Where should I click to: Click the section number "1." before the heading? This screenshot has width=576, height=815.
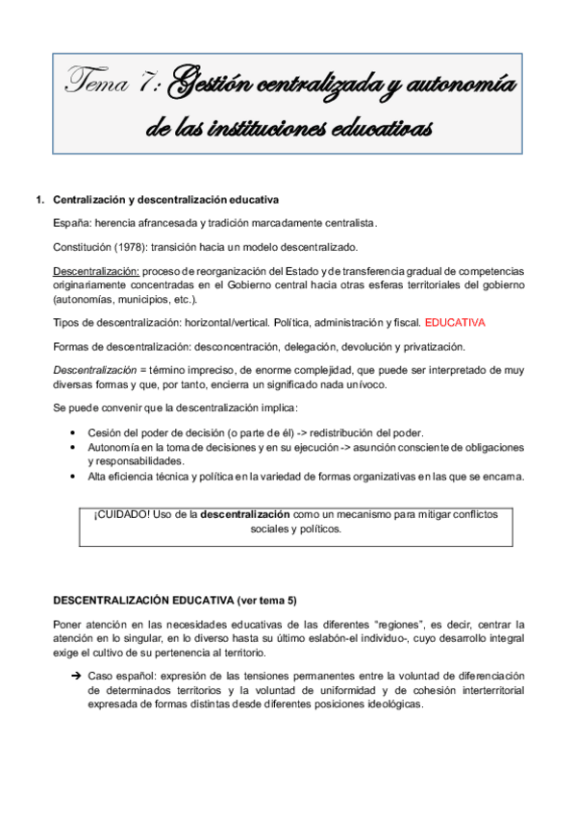pyautogui.click(x=39, y=201)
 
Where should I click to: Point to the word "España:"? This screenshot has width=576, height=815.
pyautogui.click(x=72, y=223)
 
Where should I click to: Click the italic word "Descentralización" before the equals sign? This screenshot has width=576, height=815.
pyautogui.click(x=97, y=369)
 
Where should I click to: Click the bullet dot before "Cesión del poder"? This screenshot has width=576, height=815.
pyautogui.click(x=74, y=432)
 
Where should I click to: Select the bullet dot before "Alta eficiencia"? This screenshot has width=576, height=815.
pyautogui.click(x=74, y=476)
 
